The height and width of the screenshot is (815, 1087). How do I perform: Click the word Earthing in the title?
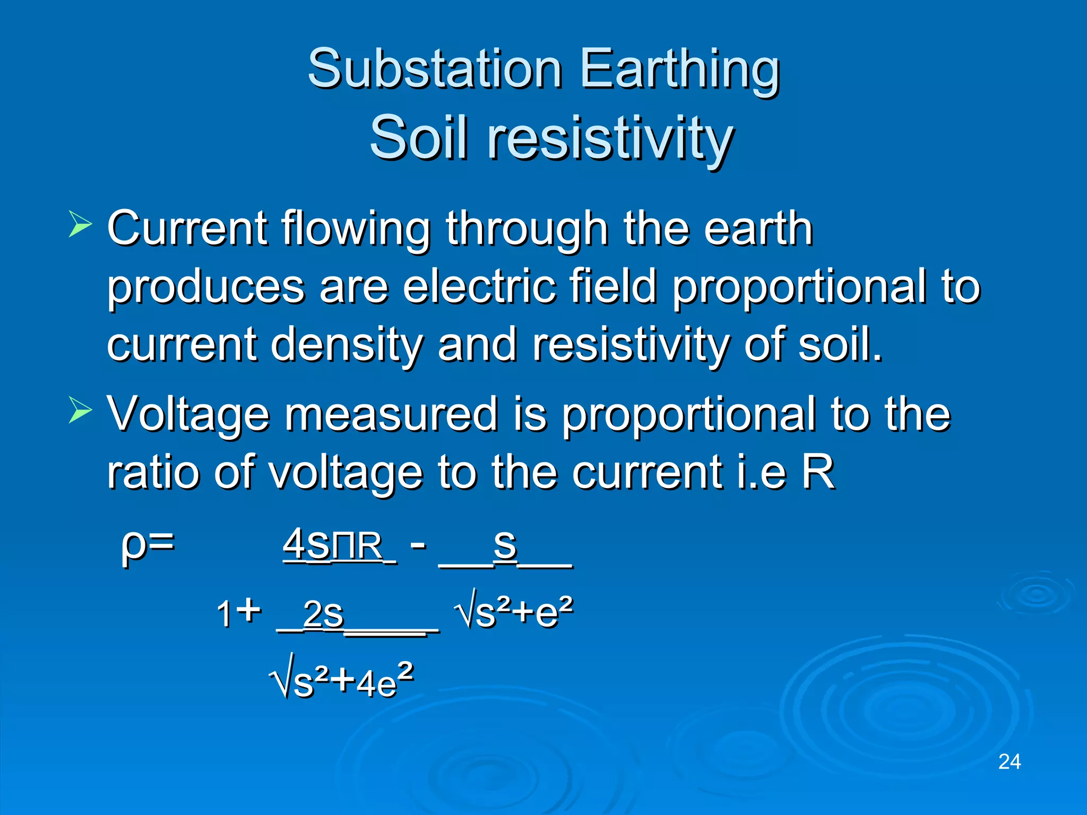[679, 69]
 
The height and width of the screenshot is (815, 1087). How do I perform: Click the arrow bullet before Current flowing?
[80, 224]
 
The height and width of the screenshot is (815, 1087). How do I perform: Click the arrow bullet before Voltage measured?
[80, 410]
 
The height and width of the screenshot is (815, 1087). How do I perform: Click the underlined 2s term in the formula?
[323, 614]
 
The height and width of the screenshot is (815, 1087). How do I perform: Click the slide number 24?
[1009, 762]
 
